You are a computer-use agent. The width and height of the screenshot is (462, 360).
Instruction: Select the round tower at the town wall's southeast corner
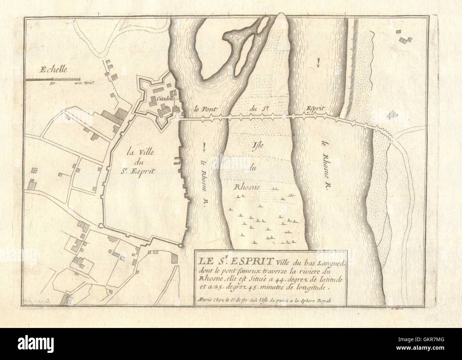[181, 245]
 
